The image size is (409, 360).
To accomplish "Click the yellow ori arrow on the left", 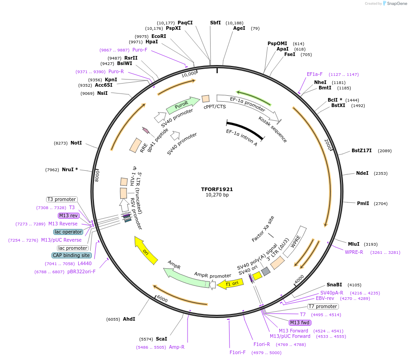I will pyautogui.click(x=146, y=250).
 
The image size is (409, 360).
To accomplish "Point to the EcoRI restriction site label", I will pyautogui.click(x=159, y=36).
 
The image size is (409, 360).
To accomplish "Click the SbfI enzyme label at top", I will pyautogui.click(x=216, y=23).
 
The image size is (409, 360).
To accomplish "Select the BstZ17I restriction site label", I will pyautogui.click(x=362, y=150).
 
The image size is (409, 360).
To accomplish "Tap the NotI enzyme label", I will pyautogui.click(x=76, y=143).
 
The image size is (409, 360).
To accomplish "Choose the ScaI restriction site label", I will pyautogui.click(x=161, y=339).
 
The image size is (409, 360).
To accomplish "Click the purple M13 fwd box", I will pyautogui.click(x=300, y=323).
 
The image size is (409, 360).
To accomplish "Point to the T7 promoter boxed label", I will pyautogui.click(x=323, y=306).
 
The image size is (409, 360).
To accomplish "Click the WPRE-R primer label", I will pyautogui.click(x=354, y=252).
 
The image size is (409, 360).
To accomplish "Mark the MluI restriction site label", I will pyautogui.click(x=354, y=244).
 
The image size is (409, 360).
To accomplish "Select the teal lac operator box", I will pyautogui.click(x=68, y=232).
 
